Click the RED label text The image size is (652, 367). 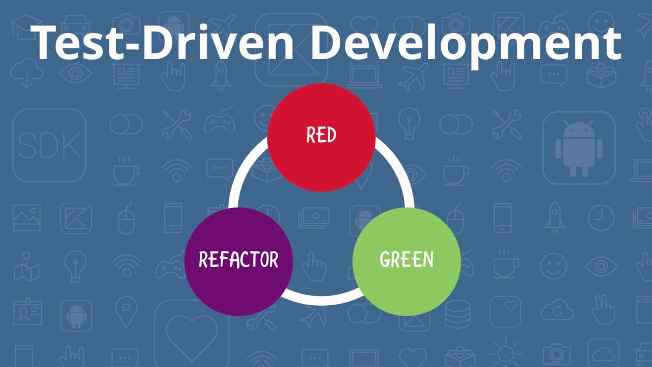[x=321, y=135]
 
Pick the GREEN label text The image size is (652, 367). [x=406, y=259]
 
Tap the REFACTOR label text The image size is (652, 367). [x=238, y=259]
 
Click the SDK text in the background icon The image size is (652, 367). [x=49, y=145]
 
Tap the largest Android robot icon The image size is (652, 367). [x=579, y=148]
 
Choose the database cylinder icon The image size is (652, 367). [x=457, y=314]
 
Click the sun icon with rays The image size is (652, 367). [x=506, y=354]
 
